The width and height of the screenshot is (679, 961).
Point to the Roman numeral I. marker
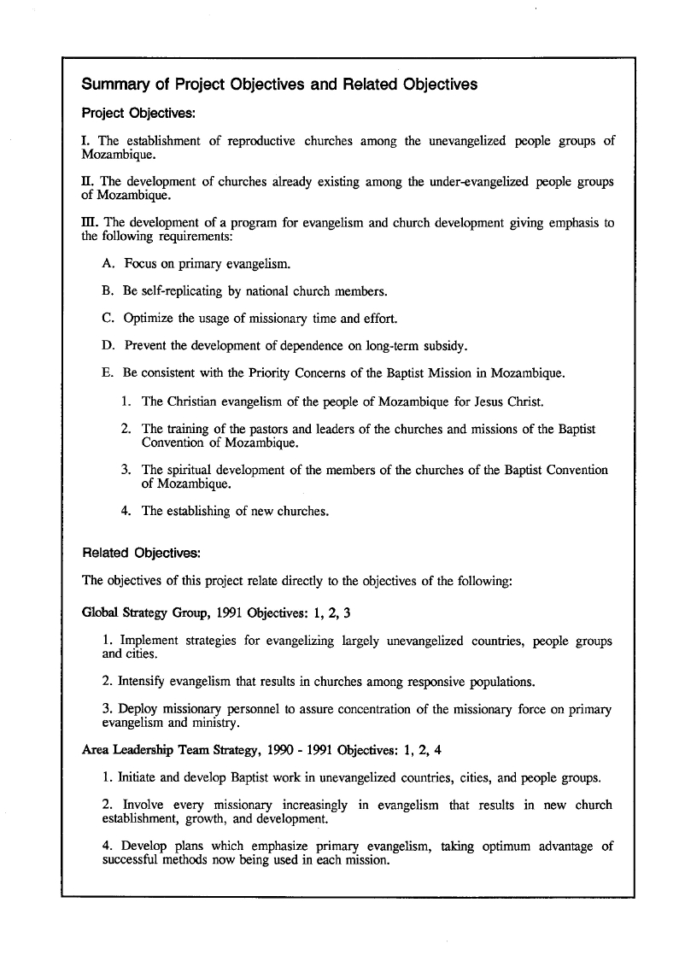point(86,141)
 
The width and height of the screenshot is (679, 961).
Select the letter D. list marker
point(108,346)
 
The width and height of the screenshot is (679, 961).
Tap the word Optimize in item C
point(149,319)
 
